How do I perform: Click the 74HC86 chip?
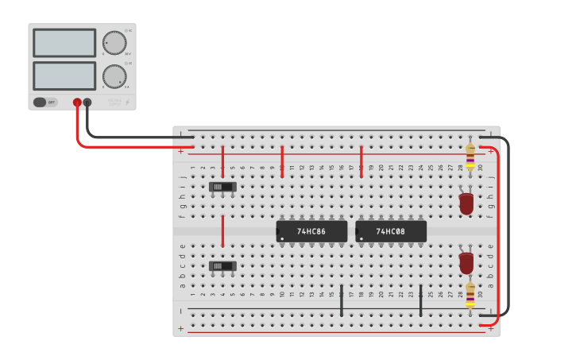point(311,231)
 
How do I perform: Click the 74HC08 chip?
point(391,231)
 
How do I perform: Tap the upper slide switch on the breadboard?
point(222,187)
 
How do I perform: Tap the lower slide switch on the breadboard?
point(222,266)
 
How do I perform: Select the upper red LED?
point(466,203)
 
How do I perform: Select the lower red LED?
point(466,261)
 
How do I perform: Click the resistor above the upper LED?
point(470,157)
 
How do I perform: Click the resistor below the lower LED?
point(470,293)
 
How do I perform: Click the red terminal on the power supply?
point(77,103)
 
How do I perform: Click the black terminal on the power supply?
point(87,103)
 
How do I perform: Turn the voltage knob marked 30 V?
point(114,42)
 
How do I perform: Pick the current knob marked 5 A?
point(114,76)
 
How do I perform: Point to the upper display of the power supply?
point(64,42)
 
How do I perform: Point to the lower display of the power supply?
point(64,75)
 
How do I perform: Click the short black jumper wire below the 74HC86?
point(342,300)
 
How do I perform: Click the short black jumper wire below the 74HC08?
point(420,300)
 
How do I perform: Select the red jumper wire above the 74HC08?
point(361,161)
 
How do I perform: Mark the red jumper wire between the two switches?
point(222,231)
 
